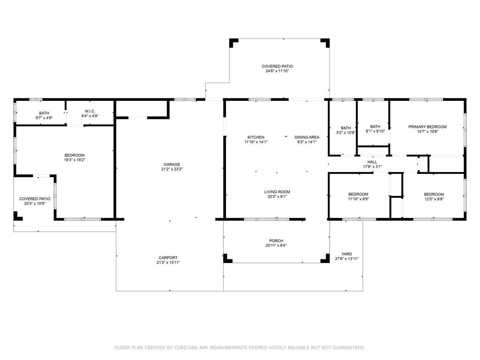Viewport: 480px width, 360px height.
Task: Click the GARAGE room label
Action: [x=172, y=165]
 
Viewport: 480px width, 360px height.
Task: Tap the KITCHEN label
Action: [x=256, y=137]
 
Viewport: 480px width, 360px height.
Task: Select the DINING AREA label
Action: [x=307, y=137]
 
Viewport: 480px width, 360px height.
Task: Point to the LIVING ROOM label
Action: [x=277, y=192]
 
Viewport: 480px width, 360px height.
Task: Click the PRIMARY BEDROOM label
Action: [x=427, y=127]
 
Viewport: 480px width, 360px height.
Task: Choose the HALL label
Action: [x=372, y=162]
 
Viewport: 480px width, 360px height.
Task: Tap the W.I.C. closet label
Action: [x=90, y=111]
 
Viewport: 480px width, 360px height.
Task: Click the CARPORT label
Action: [x=168, y=258]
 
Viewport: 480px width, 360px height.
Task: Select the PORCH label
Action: [x=276, y=241]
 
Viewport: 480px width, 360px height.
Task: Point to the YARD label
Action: [x=346, y=254]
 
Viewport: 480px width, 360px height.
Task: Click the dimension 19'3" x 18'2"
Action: [x=75, y=160]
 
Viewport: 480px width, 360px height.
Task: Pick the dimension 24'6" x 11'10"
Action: [x=277, y=71]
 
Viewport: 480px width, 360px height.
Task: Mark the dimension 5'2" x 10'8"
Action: [x=345, y=133]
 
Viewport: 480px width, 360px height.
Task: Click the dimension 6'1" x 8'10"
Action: [x=375, y=131]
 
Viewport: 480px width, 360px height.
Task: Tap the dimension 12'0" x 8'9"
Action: [x=434, y=199]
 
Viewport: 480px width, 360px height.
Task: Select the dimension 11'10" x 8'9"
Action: [x=358, y=199]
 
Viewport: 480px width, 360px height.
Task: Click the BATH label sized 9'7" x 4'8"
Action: [x=44, y=113]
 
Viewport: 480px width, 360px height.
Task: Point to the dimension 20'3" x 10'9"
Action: [x=35, y=203]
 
